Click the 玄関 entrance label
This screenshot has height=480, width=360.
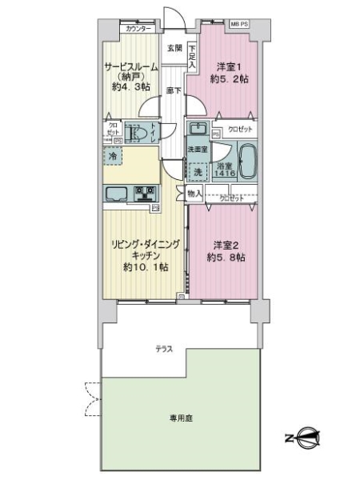(x=174, y=48)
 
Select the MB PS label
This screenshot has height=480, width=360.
(x=239, y=25)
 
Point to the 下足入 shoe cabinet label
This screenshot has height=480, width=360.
(x=193, y=54)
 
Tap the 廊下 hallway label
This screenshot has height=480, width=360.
(x=174, y=90)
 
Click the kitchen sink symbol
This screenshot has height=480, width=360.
(x=116, y=194)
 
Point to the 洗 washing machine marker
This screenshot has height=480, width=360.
(x=197, y=171)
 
